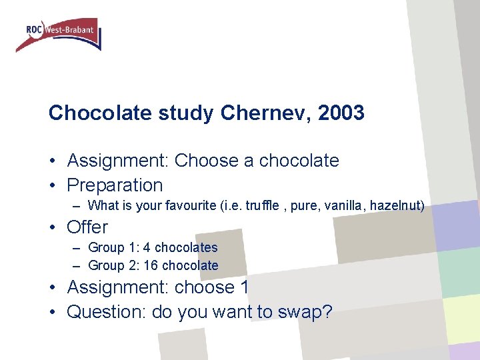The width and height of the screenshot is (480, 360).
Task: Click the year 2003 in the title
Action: [x=341, y=113]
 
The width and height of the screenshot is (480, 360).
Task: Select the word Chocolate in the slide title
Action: [x=101, y=113]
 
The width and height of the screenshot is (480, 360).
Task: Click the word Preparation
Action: [x=115, y=185]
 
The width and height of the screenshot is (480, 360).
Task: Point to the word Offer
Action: [x=87, y=227]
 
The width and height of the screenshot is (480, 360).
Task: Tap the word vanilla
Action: [x=341, y=206]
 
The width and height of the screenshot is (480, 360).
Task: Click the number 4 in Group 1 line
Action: [x=147, y=247]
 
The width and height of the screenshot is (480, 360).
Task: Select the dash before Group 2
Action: [x=77, y=265]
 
